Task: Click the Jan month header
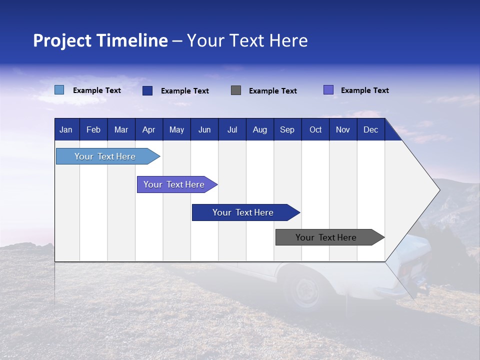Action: pos(66,130)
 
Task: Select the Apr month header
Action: pos(149,130)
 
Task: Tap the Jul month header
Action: pos(232,130)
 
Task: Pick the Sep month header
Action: pos(287,130)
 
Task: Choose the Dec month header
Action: pos(370,130)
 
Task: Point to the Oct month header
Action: pos(315,130)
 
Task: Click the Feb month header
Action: pos(93,130)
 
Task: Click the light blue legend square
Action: pos(59,90)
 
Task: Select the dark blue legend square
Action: pos(147,90)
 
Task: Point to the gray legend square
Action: pos(236,90)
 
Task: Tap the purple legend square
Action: pos(328,90)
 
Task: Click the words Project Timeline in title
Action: pos(100,40)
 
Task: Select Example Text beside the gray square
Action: pos(273,91)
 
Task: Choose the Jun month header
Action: pos(204,130)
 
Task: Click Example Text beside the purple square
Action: pos(365,90)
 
